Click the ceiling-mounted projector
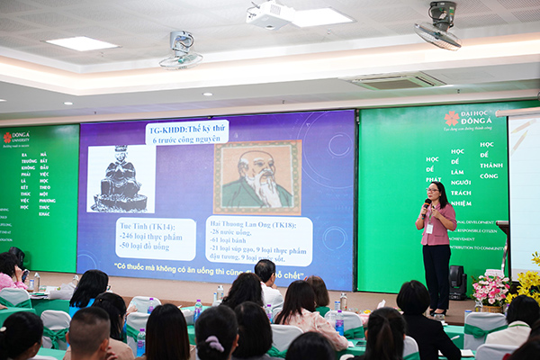[269, 14]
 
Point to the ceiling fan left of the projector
[181, 49]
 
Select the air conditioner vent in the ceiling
[395, 80]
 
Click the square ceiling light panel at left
[81, 43]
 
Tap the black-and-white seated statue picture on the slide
[121, 178]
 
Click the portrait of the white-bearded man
[257, 176]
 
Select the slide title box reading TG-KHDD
[187, 131]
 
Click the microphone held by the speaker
[426, 204]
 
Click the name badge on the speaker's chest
[430, 228]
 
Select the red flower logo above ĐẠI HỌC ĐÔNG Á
[451, 118]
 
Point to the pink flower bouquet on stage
[490, 289]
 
